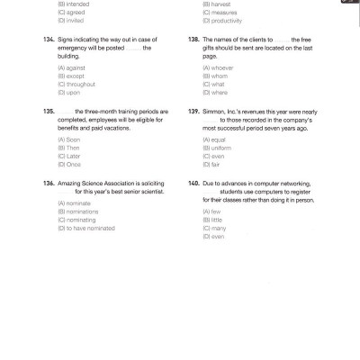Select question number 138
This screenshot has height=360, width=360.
193,40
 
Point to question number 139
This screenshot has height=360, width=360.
193,111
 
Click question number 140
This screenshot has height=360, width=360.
193,182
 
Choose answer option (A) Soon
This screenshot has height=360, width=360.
66,139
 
